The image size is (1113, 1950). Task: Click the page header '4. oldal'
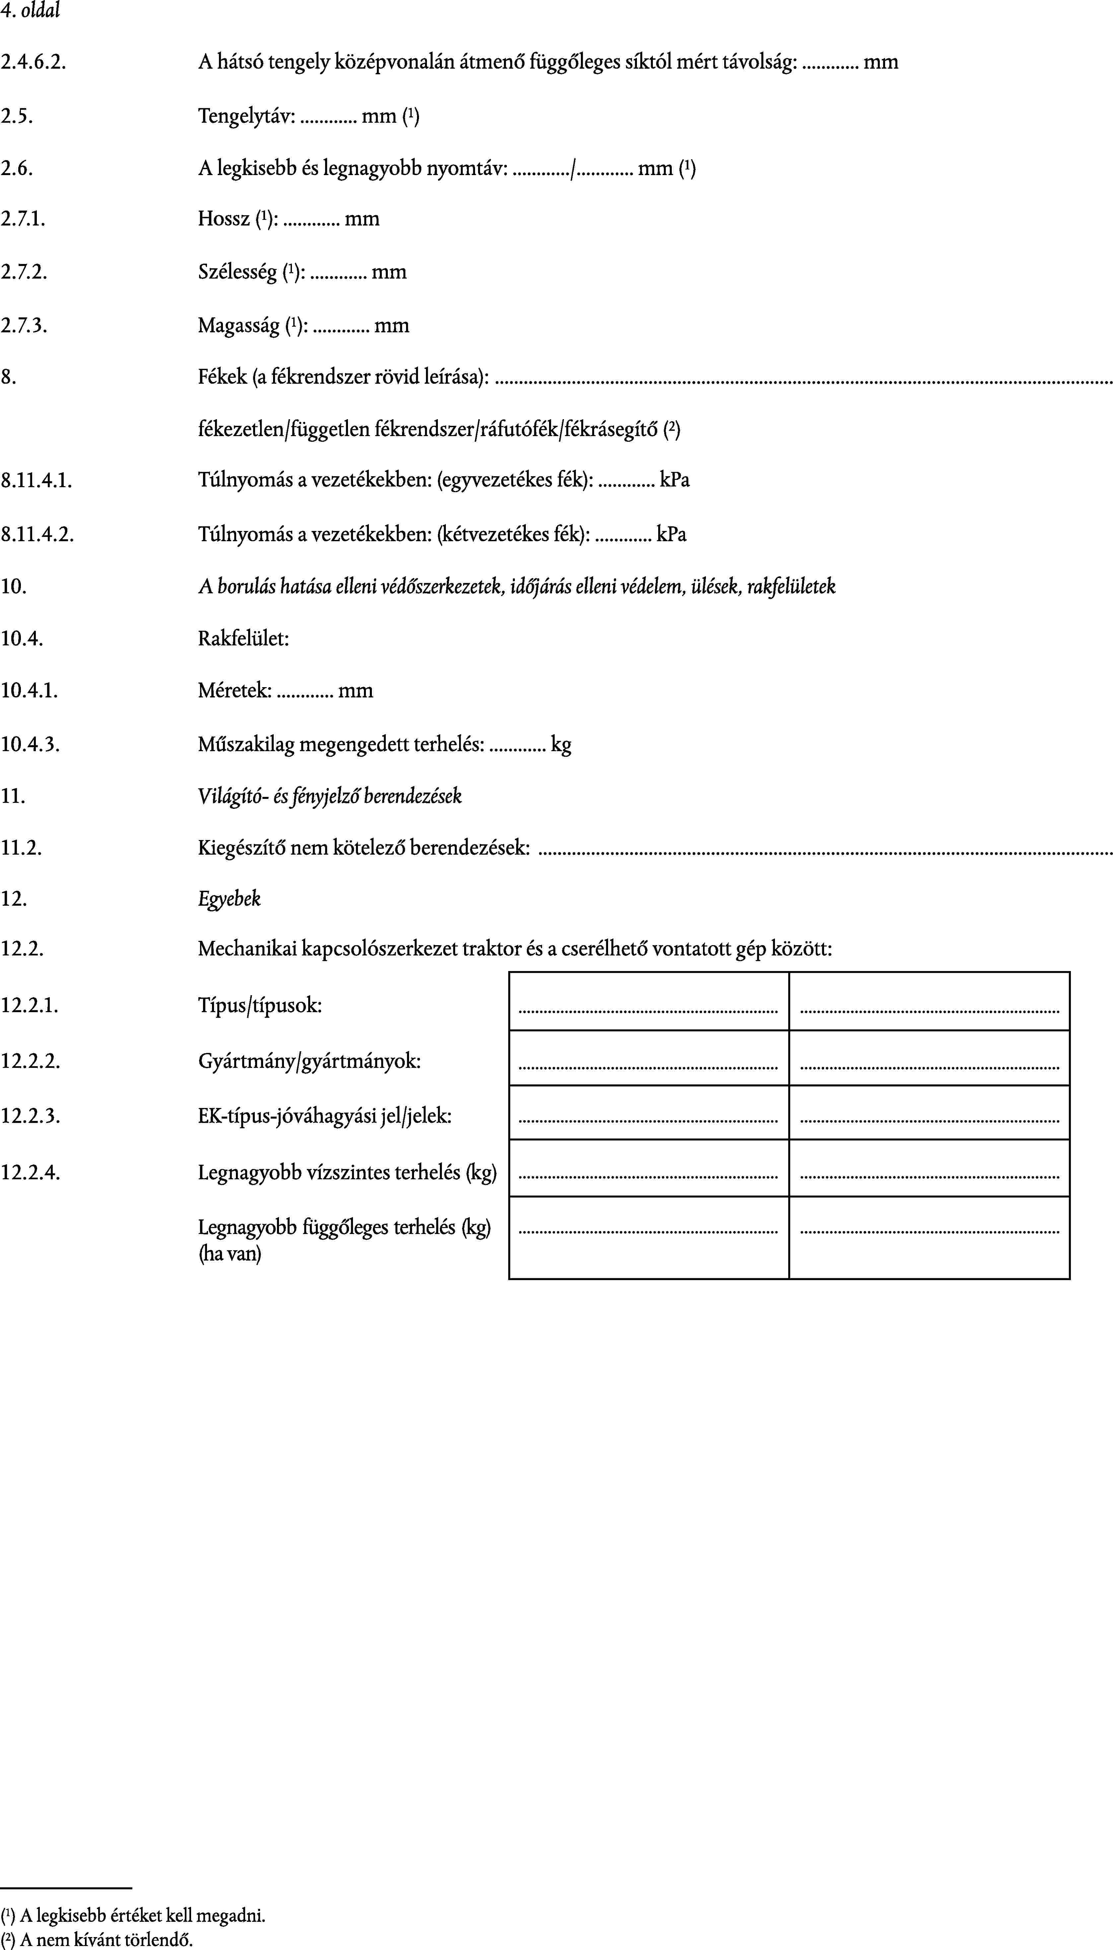pos(31,11)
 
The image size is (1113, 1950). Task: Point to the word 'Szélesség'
pos(238,272)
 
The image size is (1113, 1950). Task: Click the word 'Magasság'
pos(239,326)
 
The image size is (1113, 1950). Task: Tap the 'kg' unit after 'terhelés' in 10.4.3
pos(561,744)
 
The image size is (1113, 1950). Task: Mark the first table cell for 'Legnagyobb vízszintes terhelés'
pos(648,1168)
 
